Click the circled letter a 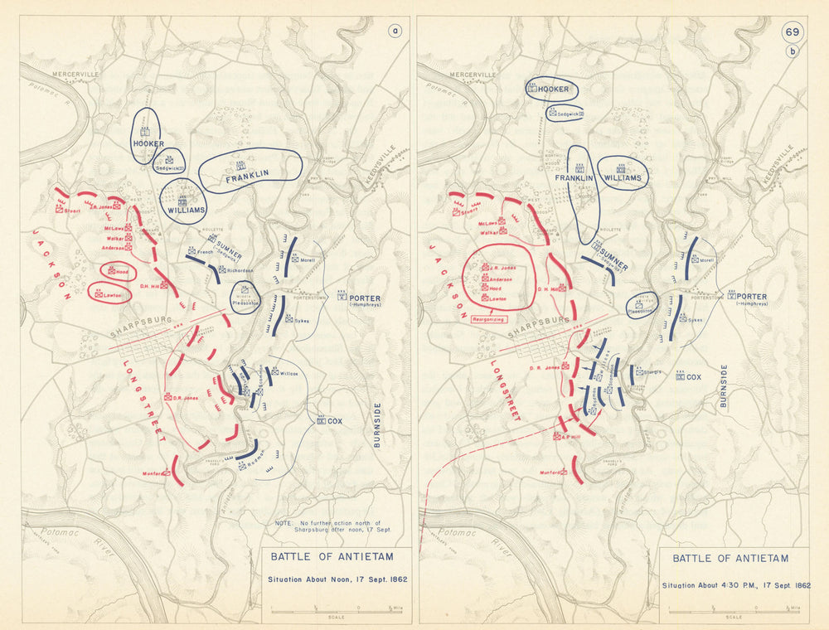[x=395, y=32]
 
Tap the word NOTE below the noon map [x=283, y=523]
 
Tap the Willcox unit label [x=288, y=372]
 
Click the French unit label [x=205, y=251]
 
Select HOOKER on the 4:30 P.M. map [x=553, y=89]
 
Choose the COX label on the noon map [x=334, y=420]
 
